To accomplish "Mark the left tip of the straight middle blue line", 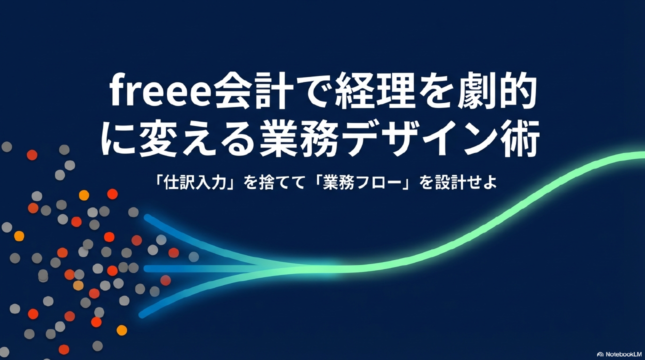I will [146, 268].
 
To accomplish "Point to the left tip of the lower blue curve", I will [142, 315].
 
